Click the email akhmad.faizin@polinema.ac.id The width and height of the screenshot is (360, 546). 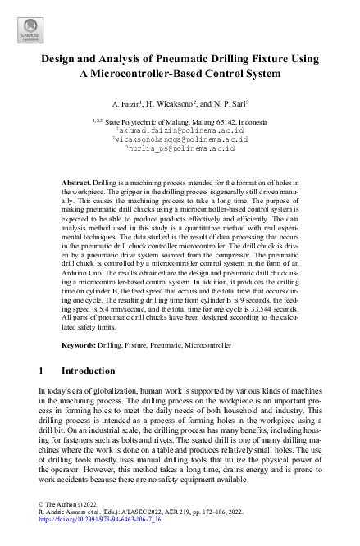click(180, 130)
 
